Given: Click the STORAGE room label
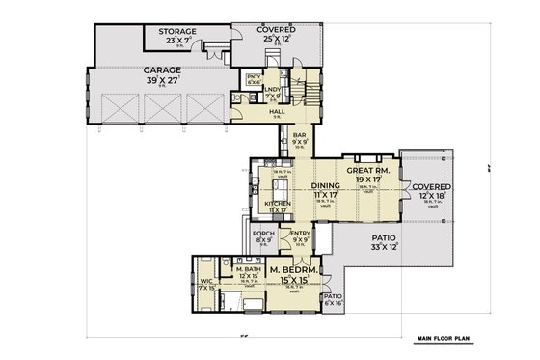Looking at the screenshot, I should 176,32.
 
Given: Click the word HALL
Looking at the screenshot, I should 277,112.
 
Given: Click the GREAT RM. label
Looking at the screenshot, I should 367,169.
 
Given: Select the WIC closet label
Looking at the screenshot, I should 204,283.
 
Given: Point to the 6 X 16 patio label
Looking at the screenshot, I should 333,302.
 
